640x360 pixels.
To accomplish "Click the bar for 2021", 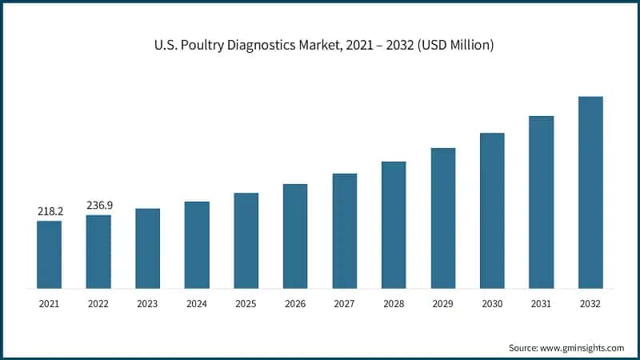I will tap(49, 254).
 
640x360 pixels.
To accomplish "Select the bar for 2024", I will tap(197, 245).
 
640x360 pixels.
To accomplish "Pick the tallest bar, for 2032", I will tap(590, 192).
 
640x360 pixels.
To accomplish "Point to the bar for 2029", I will tap(443, 218).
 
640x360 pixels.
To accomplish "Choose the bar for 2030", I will tap(492, 210).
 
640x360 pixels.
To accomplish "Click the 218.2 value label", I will tap(50, 211).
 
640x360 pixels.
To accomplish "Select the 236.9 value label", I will tap(99, 206).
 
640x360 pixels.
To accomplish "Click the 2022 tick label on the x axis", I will tap(98, 304).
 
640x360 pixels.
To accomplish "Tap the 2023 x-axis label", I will tap(148, 304).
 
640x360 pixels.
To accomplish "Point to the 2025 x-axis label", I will tap(246, 304).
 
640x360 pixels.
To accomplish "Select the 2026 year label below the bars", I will tap(295, 304).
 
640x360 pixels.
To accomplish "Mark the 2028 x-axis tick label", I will tap(394, 304).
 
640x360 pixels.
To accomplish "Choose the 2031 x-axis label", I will tap(542, 304).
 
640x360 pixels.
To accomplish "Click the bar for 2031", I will tap(542, 202).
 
